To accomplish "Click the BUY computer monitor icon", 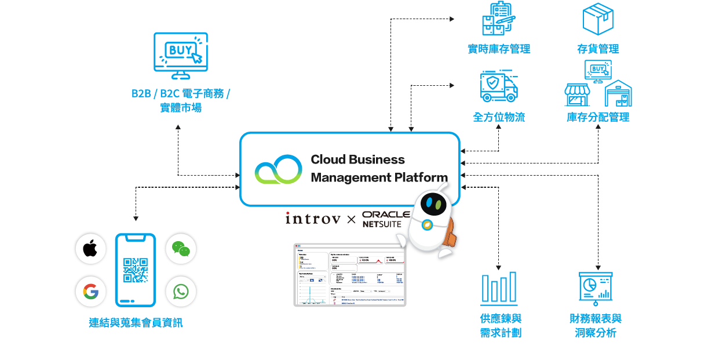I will click(x=180, y=56).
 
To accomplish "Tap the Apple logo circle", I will click(x=90, y=249).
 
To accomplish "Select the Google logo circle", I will click(x=90, y=292).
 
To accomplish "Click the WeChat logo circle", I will click(x=181, y=249).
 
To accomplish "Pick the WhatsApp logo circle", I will click(x=181, y=292).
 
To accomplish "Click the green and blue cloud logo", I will click(x=279, y=169).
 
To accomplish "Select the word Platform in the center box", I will click(x=421, y=177).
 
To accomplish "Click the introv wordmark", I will click(x=313, y=219).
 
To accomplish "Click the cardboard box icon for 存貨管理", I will click(x=598, y=19).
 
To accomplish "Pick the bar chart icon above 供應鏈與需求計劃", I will click(x=499, y=288).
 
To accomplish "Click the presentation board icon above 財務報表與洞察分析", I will click(x=596, y=289).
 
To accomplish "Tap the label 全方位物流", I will click(x=499, y=117).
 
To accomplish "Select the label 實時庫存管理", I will click(x=499, y=49).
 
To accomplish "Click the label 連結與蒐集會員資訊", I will click(x=136, y=323).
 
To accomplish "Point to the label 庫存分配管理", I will click(x=598, y=117).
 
